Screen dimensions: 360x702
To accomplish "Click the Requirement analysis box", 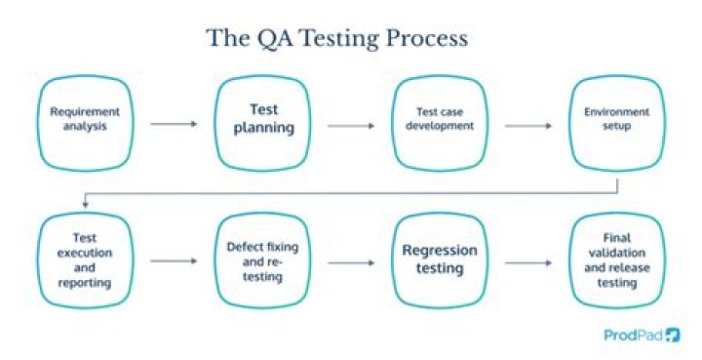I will (79, 124).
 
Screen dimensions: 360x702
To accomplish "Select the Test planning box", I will (255, 124).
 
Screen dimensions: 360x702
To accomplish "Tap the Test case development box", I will (433, 124).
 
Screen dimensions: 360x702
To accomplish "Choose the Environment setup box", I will (610, 124).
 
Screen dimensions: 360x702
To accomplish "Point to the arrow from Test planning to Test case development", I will (350, 124).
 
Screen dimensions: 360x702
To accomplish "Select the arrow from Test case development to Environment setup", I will (527, 124).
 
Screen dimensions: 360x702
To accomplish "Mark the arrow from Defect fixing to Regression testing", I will (350, 262).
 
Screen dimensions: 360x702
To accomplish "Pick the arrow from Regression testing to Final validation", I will (527, 262).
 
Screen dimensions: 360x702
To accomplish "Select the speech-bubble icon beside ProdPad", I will (674, 336).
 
